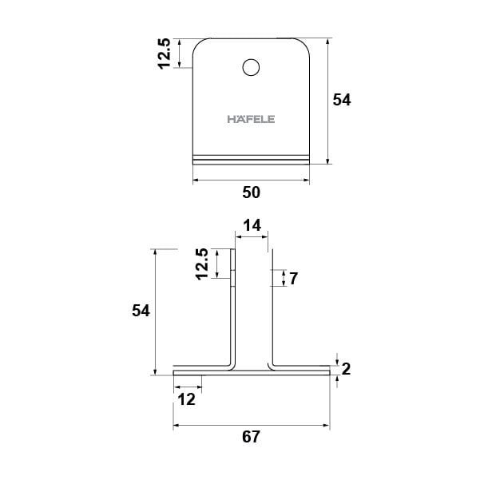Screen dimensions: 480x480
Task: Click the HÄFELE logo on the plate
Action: point(251,119)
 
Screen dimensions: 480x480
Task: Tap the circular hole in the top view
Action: point(251,67)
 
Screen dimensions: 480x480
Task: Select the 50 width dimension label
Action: point(252,192)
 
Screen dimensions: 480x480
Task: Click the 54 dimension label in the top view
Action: point(342,100)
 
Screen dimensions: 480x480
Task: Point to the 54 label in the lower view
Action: point(141,311)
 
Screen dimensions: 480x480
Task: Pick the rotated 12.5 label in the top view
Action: point(164,54)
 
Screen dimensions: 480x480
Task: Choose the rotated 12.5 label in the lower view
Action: point(202,264)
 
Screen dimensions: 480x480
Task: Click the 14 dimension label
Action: point(252,225)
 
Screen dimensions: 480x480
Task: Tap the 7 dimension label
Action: point(293,279)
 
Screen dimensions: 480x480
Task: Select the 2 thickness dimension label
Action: point(346,369)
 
